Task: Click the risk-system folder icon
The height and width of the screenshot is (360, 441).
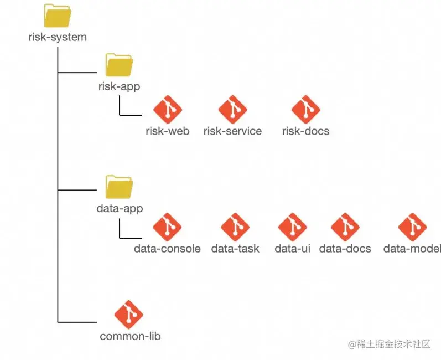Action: point(58,17)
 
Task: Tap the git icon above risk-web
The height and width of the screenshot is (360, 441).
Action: point(167,110)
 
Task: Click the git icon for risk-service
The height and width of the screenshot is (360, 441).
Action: point(232,110)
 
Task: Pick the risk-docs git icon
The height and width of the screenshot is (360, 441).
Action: point(305,110)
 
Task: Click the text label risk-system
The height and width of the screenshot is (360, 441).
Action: point(58,38)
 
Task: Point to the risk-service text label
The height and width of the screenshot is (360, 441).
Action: point(232,131)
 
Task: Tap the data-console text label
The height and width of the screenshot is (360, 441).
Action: point(167,249)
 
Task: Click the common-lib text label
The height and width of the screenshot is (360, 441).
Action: point(130,336)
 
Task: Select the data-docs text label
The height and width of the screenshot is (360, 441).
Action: point(345,249)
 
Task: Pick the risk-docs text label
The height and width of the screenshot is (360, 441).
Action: point(305,131)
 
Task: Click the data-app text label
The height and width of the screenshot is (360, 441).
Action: point(120,209)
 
